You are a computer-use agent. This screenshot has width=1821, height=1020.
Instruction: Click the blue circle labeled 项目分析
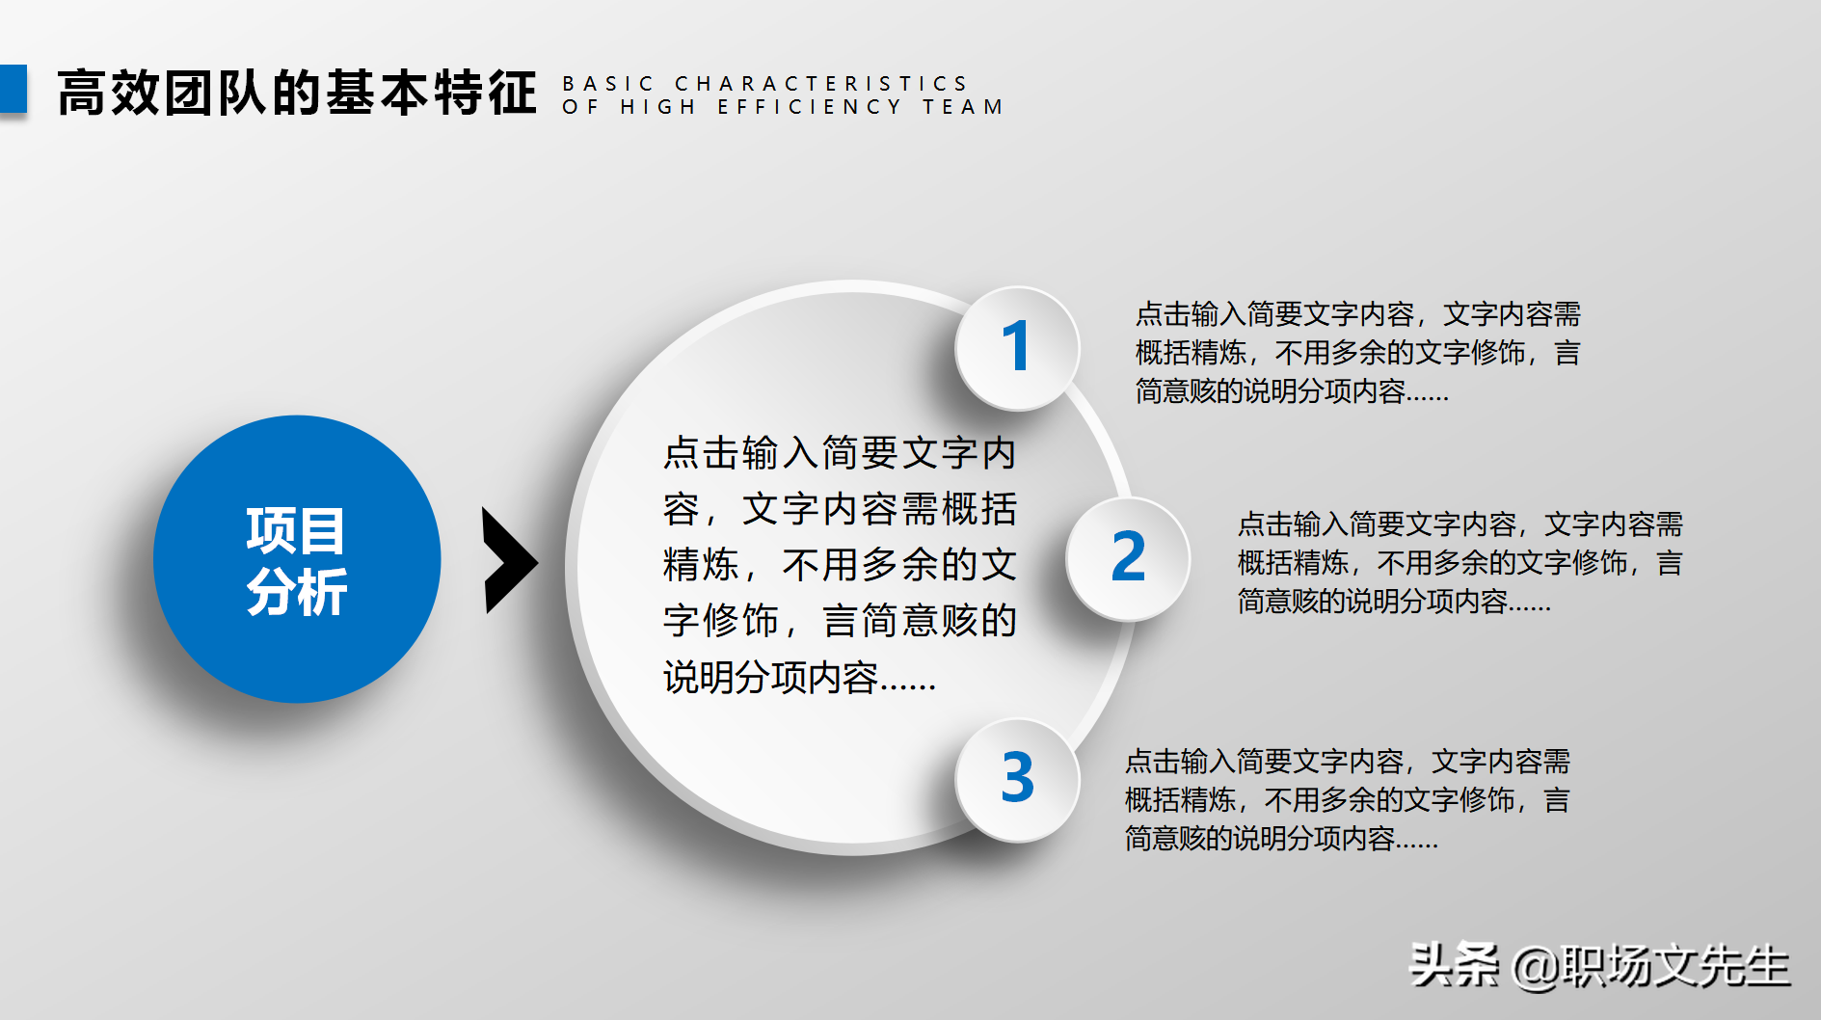[297, 559]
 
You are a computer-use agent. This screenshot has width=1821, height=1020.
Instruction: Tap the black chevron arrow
[508, 560]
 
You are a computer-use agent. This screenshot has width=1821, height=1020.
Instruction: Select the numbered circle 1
[1016, 348]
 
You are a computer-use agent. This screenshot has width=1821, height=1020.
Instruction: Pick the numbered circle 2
[1128, 558]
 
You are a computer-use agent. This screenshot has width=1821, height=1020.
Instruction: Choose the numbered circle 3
[1017, 779]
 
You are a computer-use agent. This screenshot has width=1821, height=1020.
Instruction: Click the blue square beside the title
[13, 90]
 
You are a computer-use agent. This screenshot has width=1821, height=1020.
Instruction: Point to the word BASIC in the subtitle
[608, 84]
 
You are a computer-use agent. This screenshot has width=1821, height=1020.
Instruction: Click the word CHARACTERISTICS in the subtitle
[820, 84]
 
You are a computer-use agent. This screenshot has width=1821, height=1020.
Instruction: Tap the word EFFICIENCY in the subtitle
[809, 107]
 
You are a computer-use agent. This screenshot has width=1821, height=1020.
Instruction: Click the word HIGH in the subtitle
[657, 107]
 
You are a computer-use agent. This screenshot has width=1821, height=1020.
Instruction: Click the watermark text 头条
[1454, 965]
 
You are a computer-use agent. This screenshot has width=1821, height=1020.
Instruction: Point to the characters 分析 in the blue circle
[297, 591]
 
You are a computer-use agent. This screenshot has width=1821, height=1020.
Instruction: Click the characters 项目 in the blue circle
[296, 530]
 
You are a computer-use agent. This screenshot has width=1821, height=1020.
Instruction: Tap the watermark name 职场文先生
[1674, 966]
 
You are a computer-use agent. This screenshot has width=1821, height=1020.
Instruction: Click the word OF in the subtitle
[580, 107]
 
